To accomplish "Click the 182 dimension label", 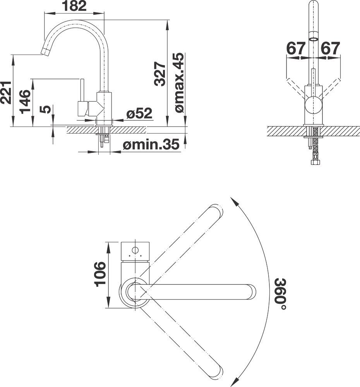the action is click(x=75, y=6).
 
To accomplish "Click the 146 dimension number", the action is click(x=25, y=101).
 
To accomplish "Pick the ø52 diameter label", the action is click(x=139, y=113).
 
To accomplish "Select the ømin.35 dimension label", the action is click(x=151, y=145).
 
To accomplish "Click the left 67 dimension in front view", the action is click(x=296, y=49).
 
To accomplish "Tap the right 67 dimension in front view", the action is click(x=330, y=49).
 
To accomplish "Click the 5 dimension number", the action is click(x=45, y=110).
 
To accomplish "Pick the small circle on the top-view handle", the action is click(x=135, y=250).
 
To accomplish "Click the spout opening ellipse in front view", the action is click(x=314, y=39).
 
